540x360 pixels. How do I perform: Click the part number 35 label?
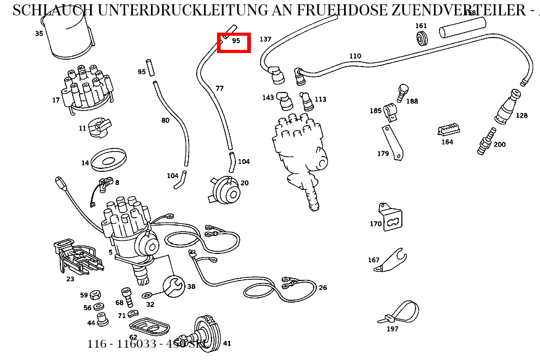tap(39, 33)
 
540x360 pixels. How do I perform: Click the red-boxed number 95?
tap(235, 41)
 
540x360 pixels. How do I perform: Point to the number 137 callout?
tap(265, 39)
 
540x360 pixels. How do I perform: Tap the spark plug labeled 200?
tap(486, 142)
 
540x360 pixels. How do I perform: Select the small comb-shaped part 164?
tap(448, 130)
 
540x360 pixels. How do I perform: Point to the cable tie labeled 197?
tap(401, 311)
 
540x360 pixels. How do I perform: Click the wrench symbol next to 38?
tap(174, 285)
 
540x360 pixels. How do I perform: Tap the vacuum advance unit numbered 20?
tap(225, 189)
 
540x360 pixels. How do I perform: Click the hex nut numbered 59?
tap(96, 295)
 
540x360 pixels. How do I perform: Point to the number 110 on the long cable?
tap(355, 56)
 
